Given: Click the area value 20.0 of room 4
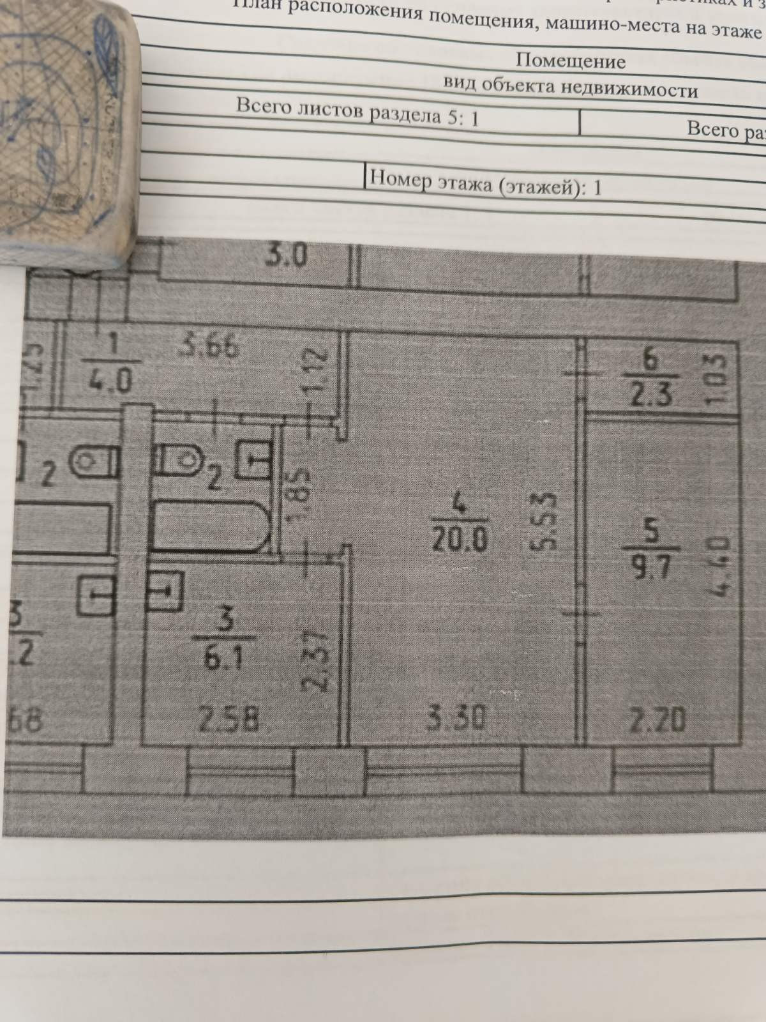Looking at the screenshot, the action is [x=460, y=541].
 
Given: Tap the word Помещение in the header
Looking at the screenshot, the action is [x=570, y=61].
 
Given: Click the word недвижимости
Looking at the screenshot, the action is [x=629, y=89].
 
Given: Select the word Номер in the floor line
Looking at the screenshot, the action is [x=400, y=178].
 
